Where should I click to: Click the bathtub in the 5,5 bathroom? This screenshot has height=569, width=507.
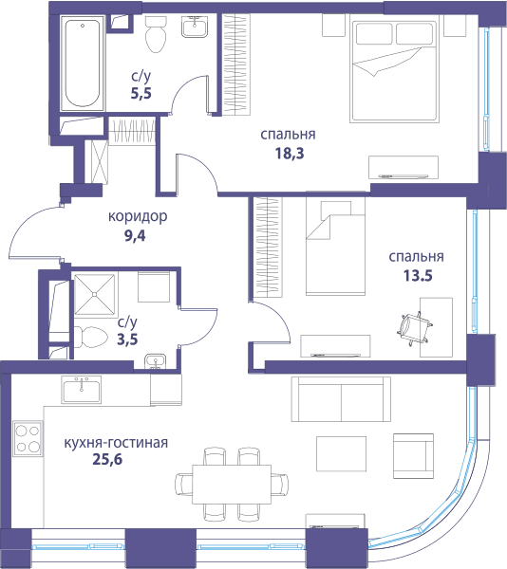coord(83,64)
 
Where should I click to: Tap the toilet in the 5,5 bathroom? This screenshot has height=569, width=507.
coord(156,34)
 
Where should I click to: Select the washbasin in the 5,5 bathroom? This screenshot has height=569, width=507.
coord(195,27)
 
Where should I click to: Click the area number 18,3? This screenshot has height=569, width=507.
coord(290,153)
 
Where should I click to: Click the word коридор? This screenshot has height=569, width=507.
coord(138,216)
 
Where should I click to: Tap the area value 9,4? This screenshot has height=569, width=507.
coord(135,236)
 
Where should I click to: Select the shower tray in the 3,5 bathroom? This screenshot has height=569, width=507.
coord(94,294)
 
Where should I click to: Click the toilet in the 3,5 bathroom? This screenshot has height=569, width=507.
coord(91,337)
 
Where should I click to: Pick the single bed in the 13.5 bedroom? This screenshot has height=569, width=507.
coord(335,246)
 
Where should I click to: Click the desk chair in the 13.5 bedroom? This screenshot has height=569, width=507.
coord(414,328)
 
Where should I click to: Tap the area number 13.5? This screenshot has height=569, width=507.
coord(418,275)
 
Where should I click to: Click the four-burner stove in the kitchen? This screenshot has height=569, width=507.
coord(28,438)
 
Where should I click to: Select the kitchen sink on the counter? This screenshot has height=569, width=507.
coord(82,390)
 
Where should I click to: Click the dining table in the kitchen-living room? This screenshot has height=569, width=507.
coord(232,485)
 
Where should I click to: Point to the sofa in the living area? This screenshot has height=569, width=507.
coord(341,399)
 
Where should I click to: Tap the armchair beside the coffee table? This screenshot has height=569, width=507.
coord(413,456)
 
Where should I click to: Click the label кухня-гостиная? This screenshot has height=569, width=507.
coord(116,443)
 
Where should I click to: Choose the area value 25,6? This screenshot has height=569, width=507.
coord(107,459)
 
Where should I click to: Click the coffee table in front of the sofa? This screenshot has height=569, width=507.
coord(341,453)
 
